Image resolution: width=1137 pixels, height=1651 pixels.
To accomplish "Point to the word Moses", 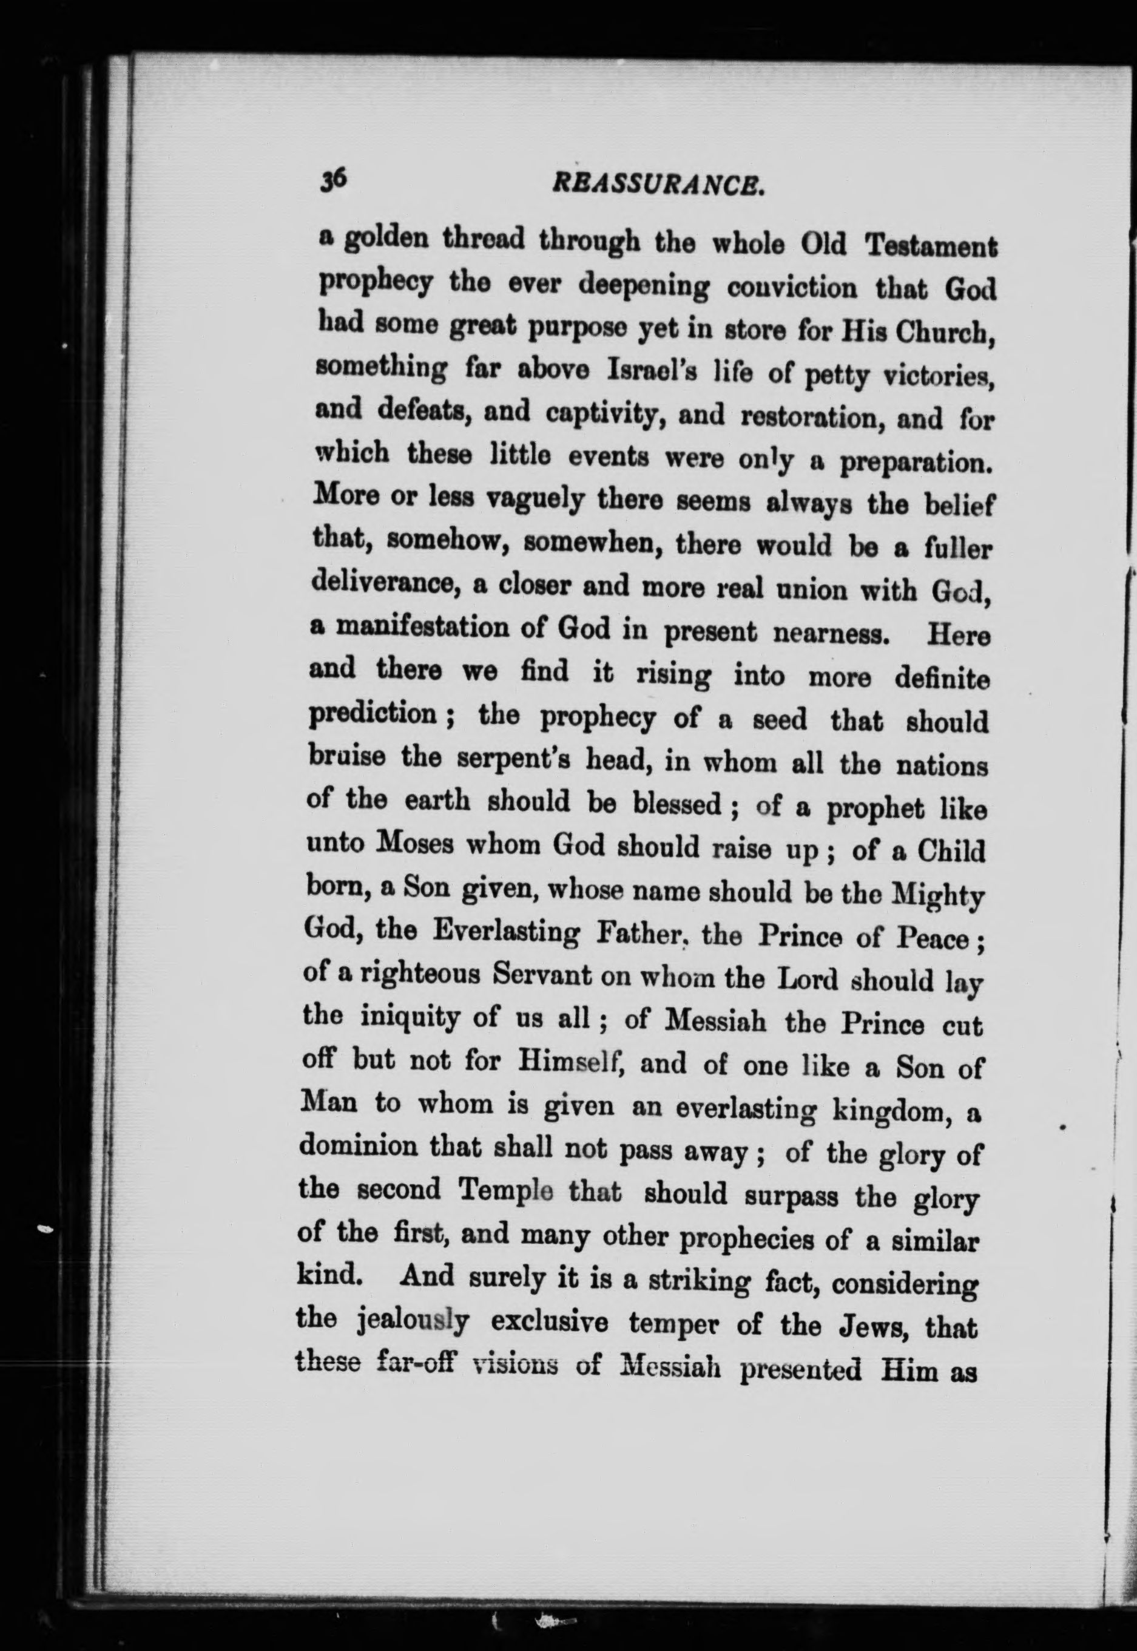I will (x=414, y=844).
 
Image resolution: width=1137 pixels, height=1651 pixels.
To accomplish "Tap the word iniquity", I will (x=410, y=1016).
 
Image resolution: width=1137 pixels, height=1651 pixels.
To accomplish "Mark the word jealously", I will (x=413, y=1323).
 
